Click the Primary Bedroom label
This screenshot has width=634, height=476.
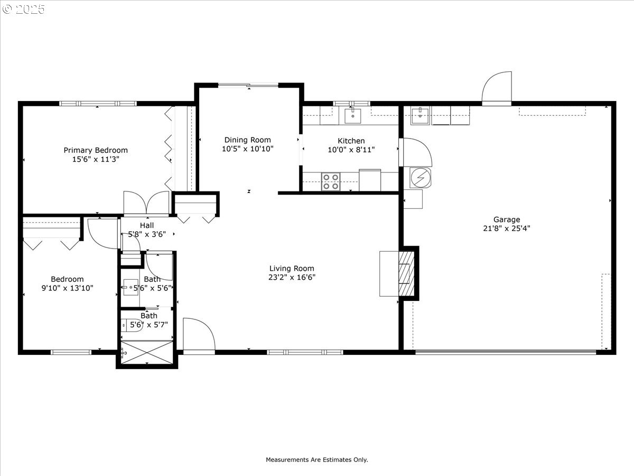(96, 150)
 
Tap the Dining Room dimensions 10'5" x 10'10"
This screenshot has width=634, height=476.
(248, 149)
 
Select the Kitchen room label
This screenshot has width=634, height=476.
(351, 141)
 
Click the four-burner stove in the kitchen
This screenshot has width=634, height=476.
(331, 181)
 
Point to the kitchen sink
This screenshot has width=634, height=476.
(353, 116)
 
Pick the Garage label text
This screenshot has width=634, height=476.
(507, 219)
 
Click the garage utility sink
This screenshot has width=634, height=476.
(420, 116)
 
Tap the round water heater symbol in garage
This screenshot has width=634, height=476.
(421, 178)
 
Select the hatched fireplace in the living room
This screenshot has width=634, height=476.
(407, 273)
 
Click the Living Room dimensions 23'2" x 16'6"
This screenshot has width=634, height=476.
(292, 278)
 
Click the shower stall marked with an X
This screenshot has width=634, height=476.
(147, 352)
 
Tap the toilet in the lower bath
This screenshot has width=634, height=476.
(132, 326)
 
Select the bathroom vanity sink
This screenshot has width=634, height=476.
(130, 287)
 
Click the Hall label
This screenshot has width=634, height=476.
(147, 225)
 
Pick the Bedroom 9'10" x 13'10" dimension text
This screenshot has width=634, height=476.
(67, 288)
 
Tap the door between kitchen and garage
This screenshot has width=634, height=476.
(415, 152)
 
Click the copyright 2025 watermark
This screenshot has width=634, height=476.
(23, 9)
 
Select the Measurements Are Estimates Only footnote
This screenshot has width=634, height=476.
(317, 460)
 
